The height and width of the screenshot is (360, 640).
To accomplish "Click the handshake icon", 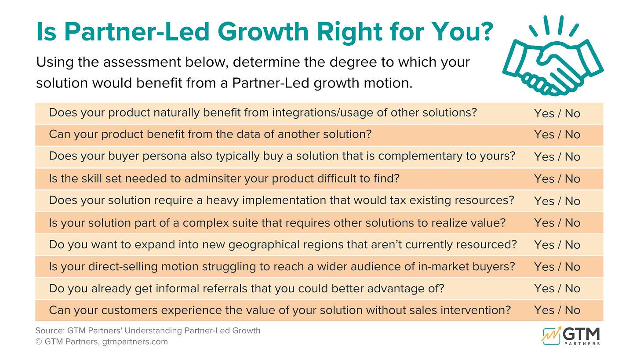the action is click(553, 56).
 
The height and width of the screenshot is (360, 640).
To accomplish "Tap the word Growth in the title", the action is click(263, 32).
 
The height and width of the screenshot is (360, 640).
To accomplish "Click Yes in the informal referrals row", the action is click(544, 288).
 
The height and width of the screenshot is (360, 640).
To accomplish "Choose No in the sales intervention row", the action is click(572, 310).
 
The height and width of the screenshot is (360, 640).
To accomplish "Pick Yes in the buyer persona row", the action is click(544, 156).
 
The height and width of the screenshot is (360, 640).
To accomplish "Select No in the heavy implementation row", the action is click(572, 201).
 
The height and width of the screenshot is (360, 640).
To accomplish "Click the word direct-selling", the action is click(123, 267).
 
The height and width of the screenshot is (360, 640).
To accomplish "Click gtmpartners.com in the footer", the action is click(135, 342).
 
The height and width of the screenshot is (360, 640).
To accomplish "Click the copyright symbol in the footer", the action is click(39, 342).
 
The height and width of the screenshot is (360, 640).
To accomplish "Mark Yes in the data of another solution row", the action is click(544, 135).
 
